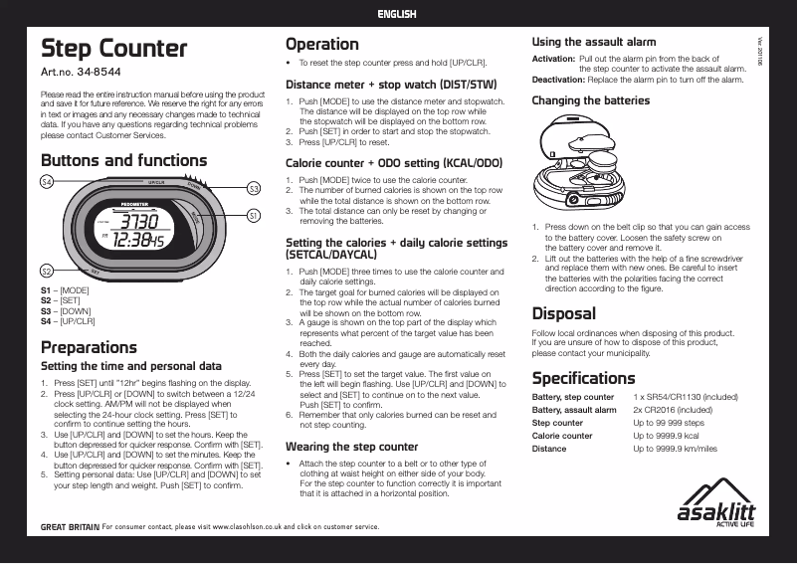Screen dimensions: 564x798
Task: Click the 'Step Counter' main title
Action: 113,49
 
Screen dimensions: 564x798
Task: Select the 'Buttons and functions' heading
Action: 123,160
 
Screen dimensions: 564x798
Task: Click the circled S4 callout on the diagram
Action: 46,181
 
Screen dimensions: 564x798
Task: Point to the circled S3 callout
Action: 255,188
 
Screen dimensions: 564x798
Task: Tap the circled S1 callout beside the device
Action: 254,215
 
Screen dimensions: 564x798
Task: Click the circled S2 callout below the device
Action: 46,271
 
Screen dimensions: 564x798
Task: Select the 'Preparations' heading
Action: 89,347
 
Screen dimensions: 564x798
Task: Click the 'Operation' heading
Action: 321,44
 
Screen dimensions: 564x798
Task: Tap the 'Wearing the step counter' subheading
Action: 351,447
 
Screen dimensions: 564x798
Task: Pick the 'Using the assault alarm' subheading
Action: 594,42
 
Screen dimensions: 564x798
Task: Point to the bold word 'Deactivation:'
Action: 558,79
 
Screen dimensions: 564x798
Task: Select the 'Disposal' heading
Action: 563,314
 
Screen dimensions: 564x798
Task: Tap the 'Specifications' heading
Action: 583,378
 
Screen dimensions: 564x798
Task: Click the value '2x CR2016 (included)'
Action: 672,410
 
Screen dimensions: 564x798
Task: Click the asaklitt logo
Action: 715,507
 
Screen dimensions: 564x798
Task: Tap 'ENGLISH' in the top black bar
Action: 397,14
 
